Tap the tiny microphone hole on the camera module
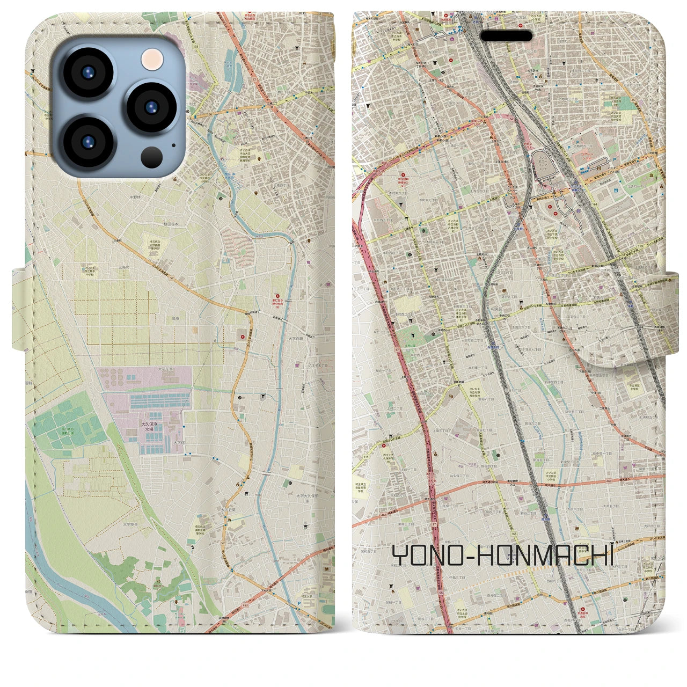(x=173, y=144)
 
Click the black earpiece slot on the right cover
(x=507, y=36)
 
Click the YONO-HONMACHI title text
(x=502, y=556)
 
